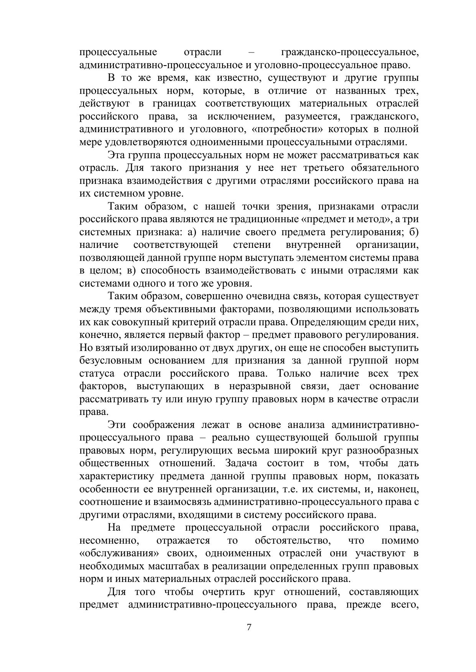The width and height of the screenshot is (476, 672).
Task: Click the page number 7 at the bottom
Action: coord(249,627)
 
